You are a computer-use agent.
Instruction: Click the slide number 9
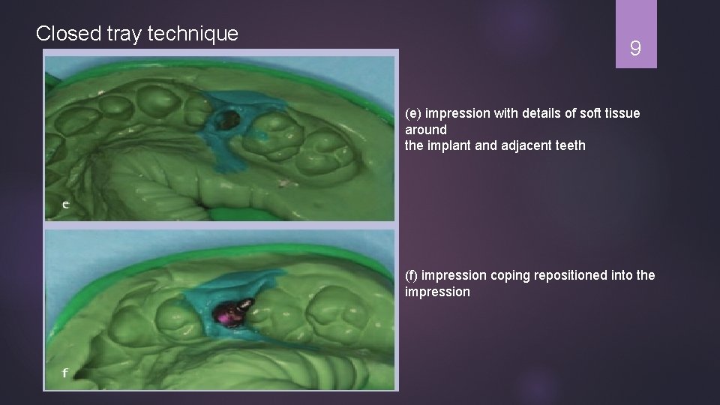coord(635,49)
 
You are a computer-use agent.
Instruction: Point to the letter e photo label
coord(66,204)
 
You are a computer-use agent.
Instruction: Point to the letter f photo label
coord(65,373)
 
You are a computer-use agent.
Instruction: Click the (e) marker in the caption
coord(413,114)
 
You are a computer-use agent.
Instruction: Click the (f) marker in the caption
coord(412,276)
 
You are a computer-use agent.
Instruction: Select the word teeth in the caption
coord(569,145)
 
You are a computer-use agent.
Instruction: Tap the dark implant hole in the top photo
coord(227,118)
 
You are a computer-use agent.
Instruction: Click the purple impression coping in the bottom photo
coord(230,314)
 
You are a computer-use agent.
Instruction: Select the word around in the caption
coord(426,130)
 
